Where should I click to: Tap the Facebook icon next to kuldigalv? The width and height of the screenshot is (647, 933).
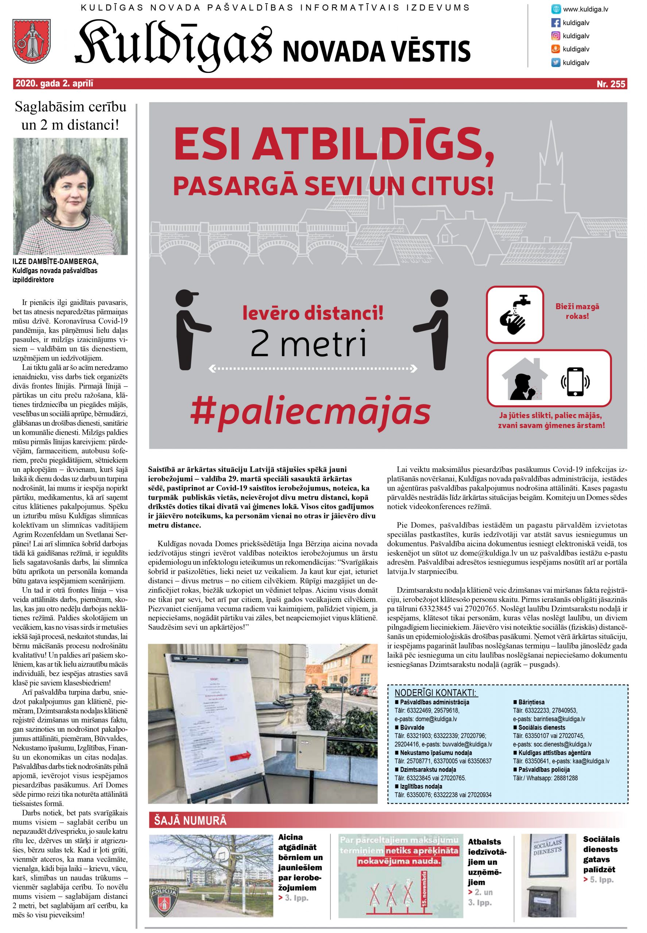coord(555,23)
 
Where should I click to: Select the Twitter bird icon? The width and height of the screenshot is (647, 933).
coord(555,62)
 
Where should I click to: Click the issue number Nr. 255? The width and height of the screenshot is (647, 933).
coord(611,84)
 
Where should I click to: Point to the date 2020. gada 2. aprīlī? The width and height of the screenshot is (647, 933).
coord(54,84)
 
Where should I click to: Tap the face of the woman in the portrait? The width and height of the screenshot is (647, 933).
coord(72,193)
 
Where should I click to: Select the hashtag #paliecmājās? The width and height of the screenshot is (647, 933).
coord(310,411)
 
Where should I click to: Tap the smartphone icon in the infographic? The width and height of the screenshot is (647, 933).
coord(574,382)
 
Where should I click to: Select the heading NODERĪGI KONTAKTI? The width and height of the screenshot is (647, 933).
coord(435,693)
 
